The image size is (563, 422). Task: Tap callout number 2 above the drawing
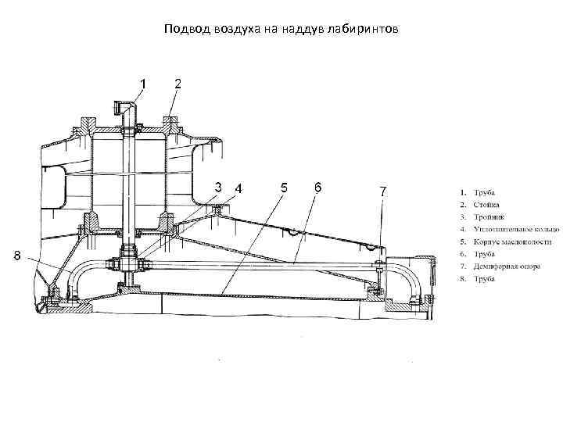point(178,82)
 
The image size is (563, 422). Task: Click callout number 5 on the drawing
point(284,187)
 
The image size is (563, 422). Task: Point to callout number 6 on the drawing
point(317,187)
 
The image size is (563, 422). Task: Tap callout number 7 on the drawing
point(382,190)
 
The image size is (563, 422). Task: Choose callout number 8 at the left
point(17,255)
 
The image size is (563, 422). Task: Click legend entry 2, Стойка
point(482,204)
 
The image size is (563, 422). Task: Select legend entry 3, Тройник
point(485,216)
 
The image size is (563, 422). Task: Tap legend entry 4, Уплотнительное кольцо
point(509,228)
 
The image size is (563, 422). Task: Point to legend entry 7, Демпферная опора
point(500,266)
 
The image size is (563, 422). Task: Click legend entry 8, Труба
point(480,278)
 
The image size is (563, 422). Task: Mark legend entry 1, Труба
point(480,192)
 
